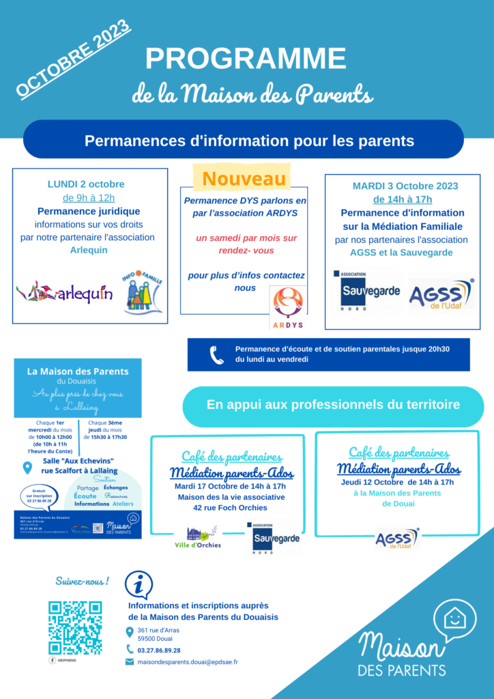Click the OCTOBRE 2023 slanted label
tap(74, 57)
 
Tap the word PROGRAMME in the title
tap(245, 59)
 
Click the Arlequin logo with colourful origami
tap(65, 291)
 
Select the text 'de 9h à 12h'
tap(89, 198)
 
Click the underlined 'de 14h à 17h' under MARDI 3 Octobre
tap(402, 199)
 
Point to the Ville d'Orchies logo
tap(198, 537)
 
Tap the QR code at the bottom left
tap(75, 627)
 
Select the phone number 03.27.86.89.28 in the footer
tap(159, 650)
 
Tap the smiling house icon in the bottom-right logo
tap(454, 619)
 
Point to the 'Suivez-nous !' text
tap(82, 582)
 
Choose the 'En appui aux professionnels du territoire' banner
tap(333, 405)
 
